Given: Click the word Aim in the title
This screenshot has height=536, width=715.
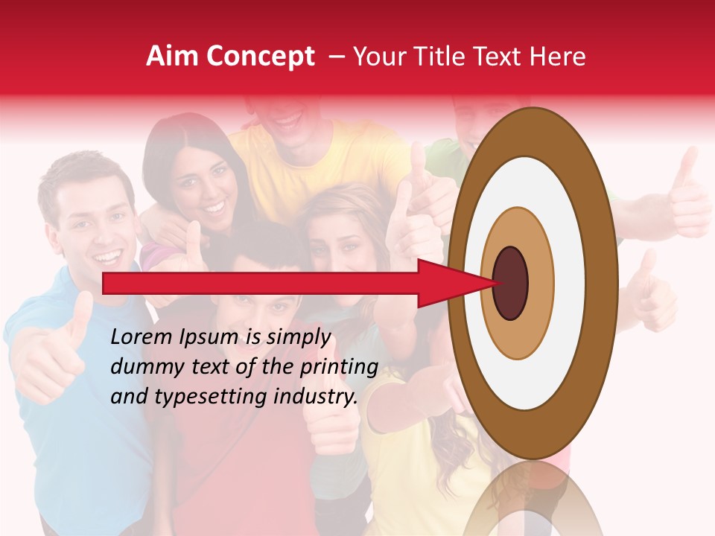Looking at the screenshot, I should pos(172,57).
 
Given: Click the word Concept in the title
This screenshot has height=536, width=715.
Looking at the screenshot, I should pos(259,57).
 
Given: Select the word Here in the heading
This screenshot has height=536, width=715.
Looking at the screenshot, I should pos(557,57).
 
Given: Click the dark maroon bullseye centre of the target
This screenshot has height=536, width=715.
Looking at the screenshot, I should pos(510,283).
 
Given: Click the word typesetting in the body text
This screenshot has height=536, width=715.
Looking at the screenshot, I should pos(211,397).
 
